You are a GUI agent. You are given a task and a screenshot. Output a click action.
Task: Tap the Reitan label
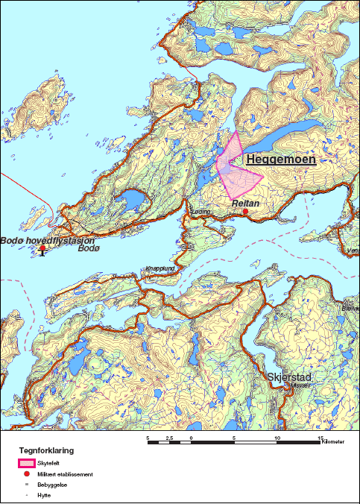[x=244, y=203]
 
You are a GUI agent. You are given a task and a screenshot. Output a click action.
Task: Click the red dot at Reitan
[x=245, y=212]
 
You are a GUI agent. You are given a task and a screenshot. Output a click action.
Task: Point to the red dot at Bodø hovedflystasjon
[x=42, y=248]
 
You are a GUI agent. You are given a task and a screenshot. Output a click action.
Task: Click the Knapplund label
[x=160, y=268]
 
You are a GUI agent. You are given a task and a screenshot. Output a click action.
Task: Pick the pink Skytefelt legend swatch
[x=27, y=463]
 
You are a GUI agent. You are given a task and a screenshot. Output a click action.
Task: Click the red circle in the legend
[x=27, y=473]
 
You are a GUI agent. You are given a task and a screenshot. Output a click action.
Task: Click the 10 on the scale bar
[x=277, y=437]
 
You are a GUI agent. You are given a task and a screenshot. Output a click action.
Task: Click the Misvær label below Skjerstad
[x=298, y=386]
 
